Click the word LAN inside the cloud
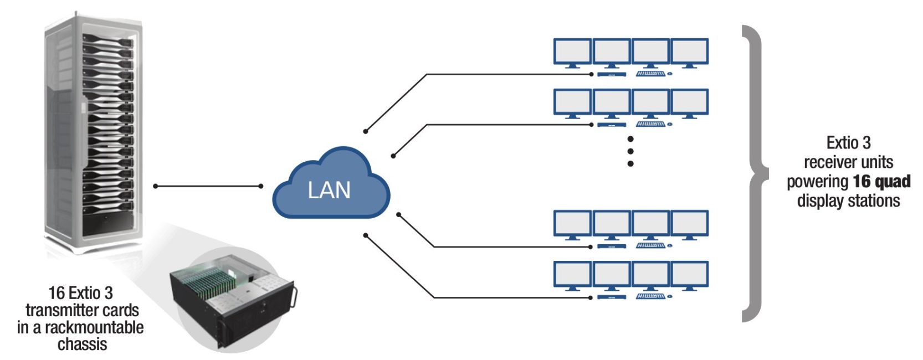click(329, 191)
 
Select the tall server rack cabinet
click(91, 133)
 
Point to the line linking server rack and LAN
click(208, 186)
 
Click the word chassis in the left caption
click(82, 344)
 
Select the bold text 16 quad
click(881, 182)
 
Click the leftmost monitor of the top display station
click(572, 52)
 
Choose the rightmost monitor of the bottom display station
click(690, 275)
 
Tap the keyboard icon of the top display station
click(650, 74)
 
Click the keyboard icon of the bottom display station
click(650, 297)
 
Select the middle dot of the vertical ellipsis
click(630, 151)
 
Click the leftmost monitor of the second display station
click(572, 102)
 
